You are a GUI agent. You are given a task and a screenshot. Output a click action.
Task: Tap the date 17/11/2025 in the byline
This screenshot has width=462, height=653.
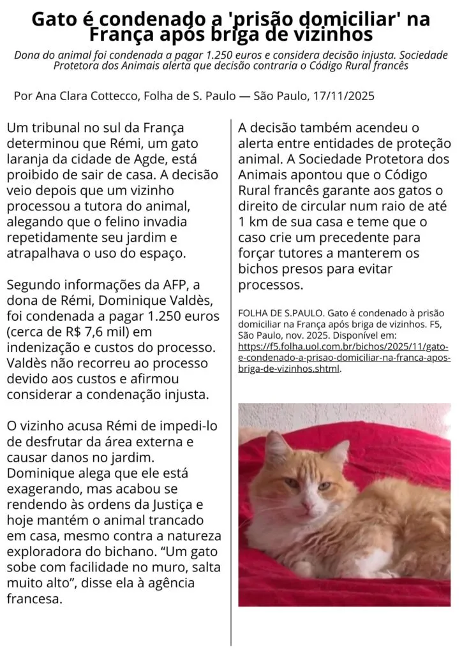point(343,96)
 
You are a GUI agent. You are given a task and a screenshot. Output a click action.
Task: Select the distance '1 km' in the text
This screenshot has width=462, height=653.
point(252,222)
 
